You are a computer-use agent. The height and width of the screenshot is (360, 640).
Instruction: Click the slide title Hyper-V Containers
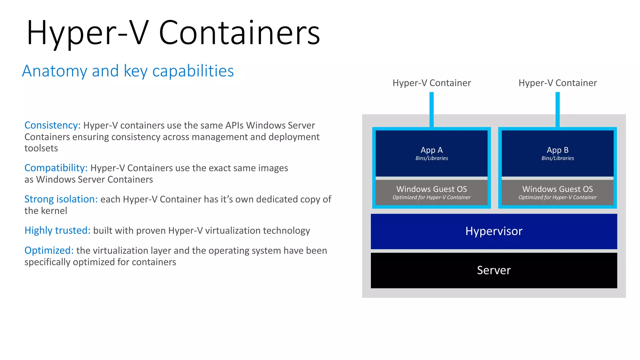[173, 33]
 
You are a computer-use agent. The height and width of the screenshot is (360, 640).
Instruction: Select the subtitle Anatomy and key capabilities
[128, 71]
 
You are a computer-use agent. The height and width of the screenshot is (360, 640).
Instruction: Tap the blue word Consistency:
[52, 125]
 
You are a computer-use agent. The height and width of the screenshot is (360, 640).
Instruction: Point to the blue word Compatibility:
[56, 168]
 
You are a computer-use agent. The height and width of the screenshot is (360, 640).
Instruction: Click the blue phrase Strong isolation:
[61, 199]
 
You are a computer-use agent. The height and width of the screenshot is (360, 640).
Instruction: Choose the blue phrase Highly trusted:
[57, 231]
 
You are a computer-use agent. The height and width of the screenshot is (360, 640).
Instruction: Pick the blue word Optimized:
[49, 251]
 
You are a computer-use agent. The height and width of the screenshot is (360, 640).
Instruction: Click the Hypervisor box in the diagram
[494, 231]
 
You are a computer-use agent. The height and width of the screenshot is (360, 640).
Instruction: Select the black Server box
[494, 270]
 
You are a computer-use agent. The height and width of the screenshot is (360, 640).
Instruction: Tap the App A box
[432, 153]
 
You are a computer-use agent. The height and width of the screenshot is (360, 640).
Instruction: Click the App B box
[557, 153]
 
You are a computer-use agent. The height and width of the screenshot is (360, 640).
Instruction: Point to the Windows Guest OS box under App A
[432, 192]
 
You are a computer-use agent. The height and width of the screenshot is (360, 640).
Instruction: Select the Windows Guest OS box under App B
[557, 192]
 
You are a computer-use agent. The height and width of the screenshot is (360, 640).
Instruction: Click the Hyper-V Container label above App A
[432, 83]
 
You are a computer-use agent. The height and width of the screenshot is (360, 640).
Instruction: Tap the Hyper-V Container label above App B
[557, 83]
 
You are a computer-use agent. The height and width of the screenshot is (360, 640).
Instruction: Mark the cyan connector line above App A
[432, 109]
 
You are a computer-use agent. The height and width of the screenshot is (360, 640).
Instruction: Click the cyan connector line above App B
[557, 109]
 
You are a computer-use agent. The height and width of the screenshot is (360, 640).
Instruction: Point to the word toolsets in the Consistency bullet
[41, 148]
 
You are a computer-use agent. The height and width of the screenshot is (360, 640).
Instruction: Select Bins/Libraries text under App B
[557, 158]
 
